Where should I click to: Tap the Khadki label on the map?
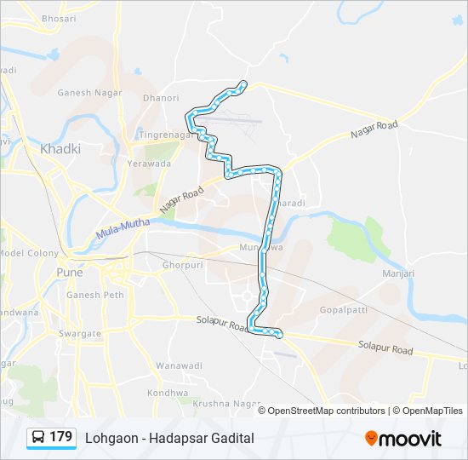[60, 148]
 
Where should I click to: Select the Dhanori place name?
[160, 98]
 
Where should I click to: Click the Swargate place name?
[82, 334]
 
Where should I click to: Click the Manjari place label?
[397, 273]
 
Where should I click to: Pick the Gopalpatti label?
[343, 309]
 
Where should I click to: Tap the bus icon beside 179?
[38, 438]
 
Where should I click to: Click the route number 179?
[61, 437]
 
